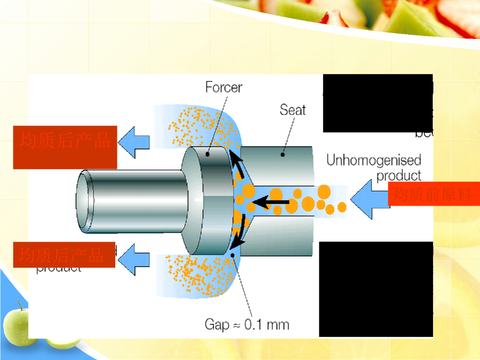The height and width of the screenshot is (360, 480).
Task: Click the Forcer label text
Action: coord(224,87)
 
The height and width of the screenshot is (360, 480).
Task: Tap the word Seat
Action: coord(292,110)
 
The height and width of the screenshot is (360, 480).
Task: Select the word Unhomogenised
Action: coord(374,160)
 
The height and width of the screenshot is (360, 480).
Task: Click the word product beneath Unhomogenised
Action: coord(399,176)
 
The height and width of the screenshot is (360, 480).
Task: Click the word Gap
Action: coord(217,324)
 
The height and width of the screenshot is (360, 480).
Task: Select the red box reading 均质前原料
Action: coord(434,194)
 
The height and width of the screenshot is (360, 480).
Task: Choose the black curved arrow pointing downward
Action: coord(239,233)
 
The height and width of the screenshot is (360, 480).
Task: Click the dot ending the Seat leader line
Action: coord(283,154)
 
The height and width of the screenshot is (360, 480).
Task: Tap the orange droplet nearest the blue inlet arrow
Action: coord(342,207)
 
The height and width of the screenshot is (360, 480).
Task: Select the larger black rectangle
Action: coord(375,289)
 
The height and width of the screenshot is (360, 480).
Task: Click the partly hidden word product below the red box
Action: coord(59,268)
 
